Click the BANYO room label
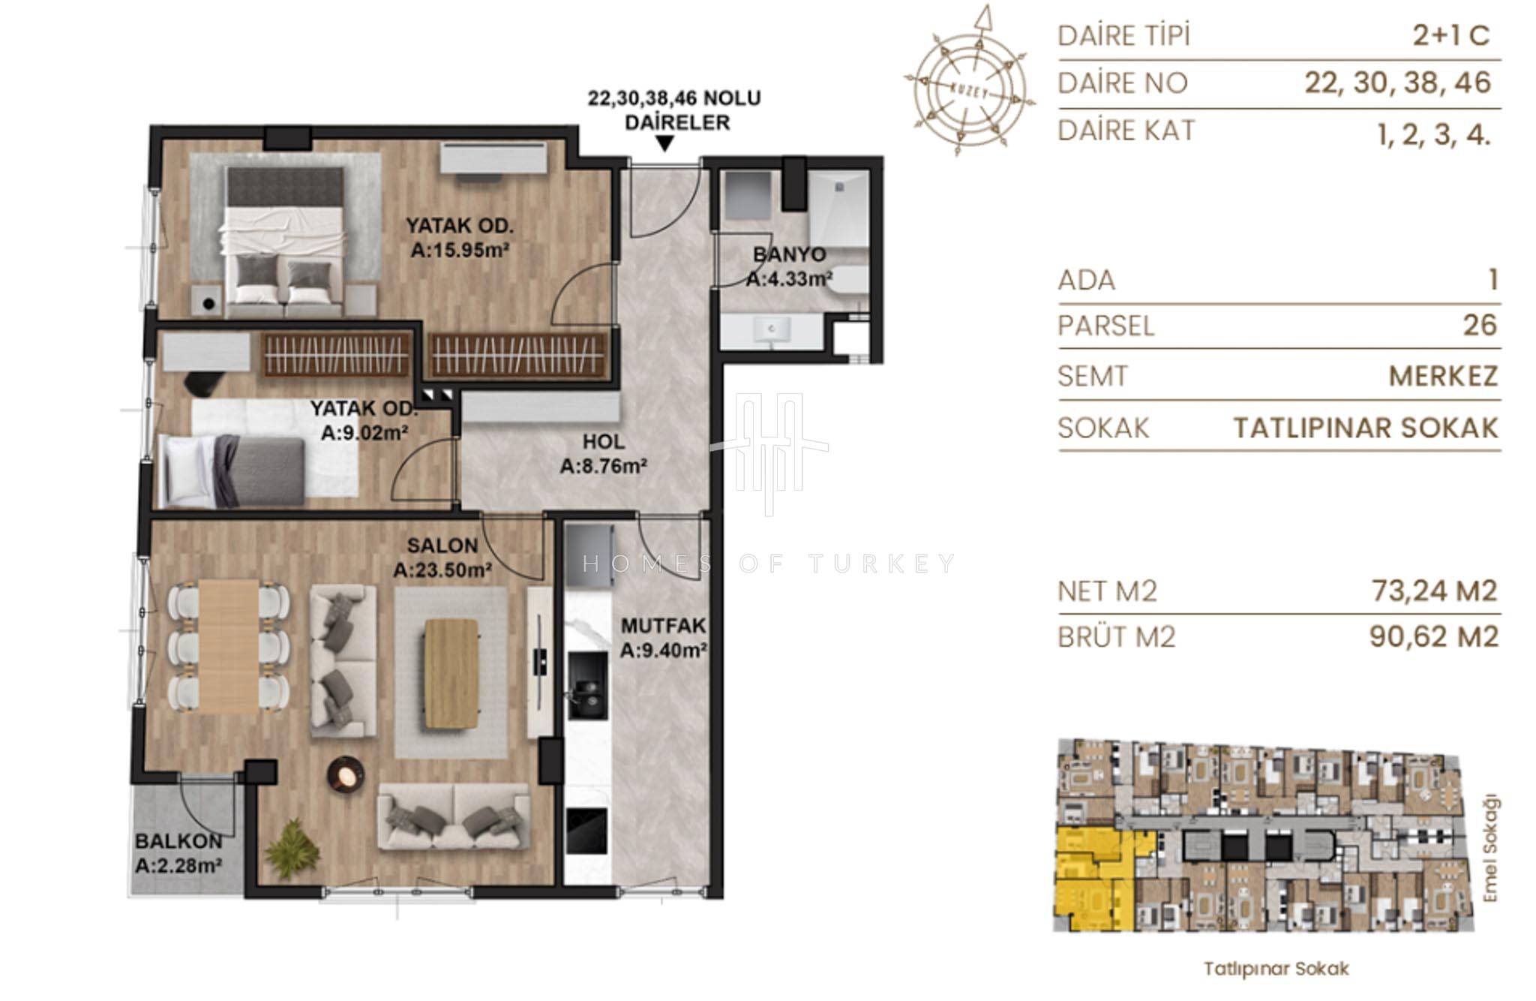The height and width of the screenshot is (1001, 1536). (788, 254)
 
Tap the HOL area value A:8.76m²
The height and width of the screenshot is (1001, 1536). (604, 466)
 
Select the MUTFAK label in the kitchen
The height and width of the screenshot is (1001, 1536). (664, 626)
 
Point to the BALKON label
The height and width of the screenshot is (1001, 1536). (178, 841)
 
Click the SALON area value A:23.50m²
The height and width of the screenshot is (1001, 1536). (442, 570)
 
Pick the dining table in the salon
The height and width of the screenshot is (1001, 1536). (229, 646)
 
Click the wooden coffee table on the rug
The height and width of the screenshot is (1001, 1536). (451, 673)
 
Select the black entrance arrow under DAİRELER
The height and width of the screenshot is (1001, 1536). (664, 143)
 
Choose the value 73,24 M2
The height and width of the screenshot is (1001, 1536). (1434, 591)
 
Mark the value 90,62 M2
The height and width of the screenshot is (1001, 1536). (1434, 636)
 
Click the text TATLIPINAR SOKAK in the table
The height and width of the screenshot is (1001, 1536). (1366, 428)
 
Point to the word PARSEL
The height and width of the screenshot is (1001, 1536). (1105, 326)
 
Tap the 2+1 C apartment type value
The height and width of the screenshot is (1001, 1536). (1451, 35)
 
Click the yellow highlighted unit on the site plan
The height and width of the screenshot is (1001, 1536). (1095, 878)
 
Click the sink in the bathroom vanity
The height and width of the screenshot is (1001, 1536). (772, 329)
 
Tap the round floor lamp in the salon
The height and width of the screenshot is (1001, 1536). (346, 774)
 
